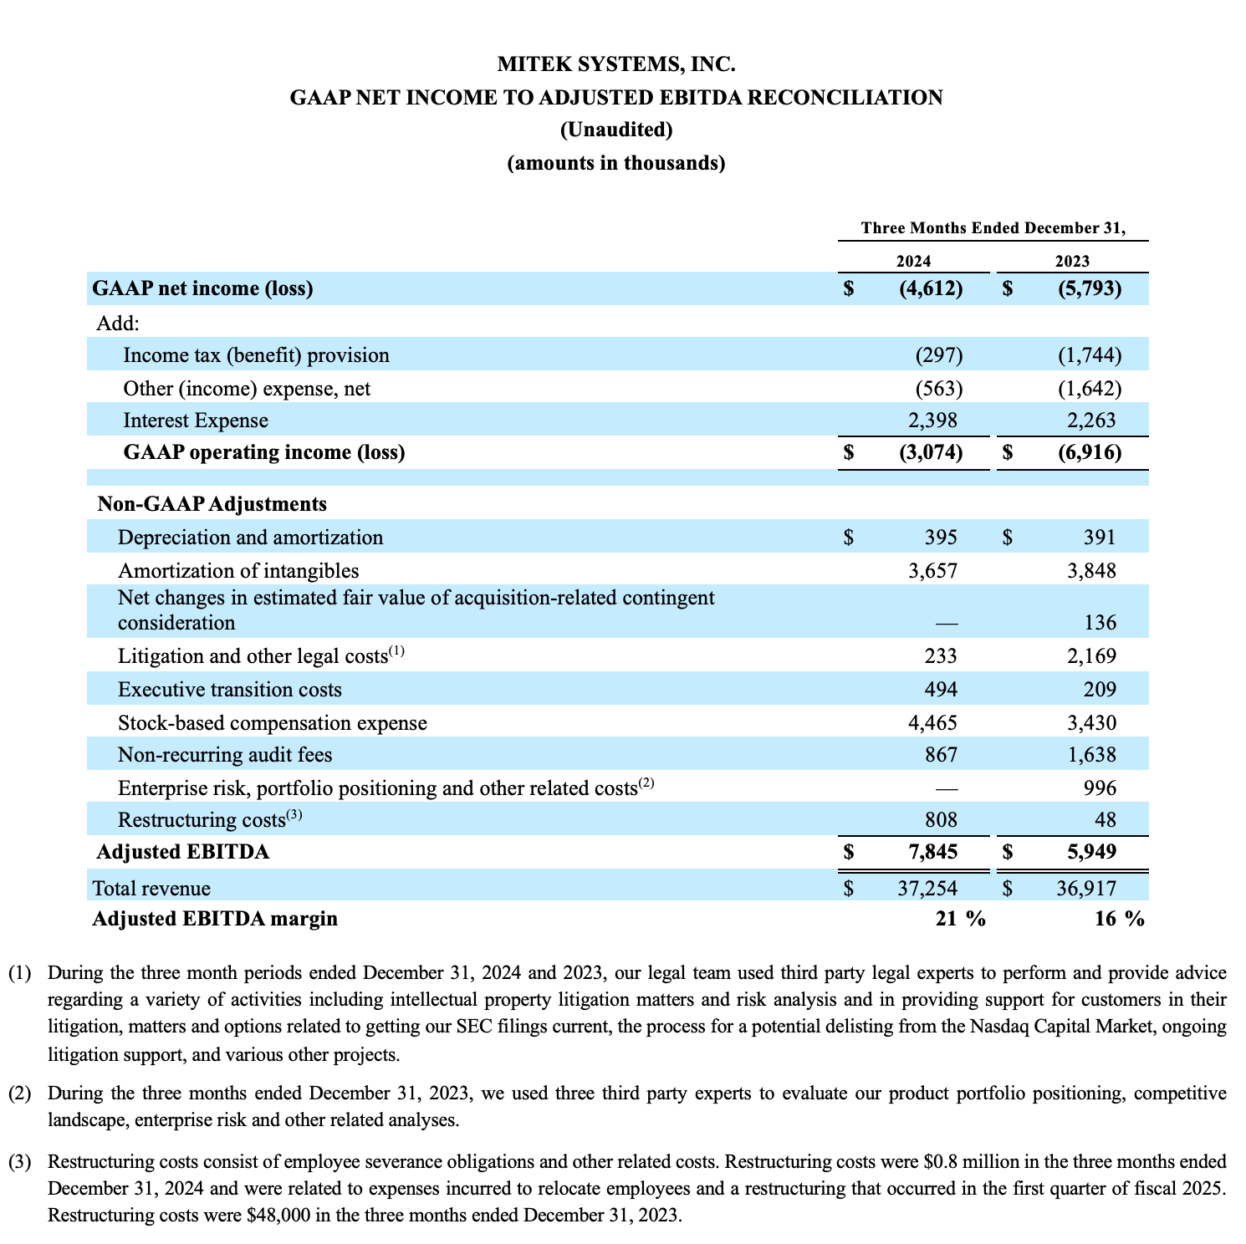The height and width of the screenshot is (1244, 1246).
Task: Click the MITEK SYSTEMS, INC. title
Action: click(616, 64)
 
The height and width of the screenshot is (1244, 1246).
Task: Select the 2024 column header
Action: click(913, 261)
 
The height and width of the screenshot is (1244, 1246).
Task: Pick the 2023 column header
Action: click(1072, 261)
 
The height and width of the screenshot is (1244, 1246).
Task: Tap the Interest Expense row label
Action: click(196, 421)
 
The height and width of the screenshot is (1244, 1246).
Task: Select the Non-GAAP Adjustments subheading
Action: click(212, 504)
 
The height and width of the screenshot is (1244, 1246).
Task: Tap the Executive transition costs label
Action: click(230, 690)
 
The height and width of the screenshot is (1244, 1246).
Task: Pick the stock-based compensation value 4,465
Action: click(932, 722)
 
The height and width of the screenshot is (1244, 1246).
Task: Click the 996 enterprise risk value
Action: click(1099, 788)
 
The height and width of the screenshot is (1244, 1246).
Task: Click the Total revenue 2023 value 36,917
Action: click(1086, 888)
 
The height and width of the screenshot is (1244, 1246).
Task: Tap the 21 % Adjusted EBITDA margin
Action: click(960, 919)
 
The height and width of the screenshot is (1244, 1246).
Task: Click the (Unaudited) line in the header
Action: click(616, 130)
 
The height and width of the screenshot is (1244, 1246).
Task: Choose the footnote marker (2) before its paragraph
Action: click(19, 1093)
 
